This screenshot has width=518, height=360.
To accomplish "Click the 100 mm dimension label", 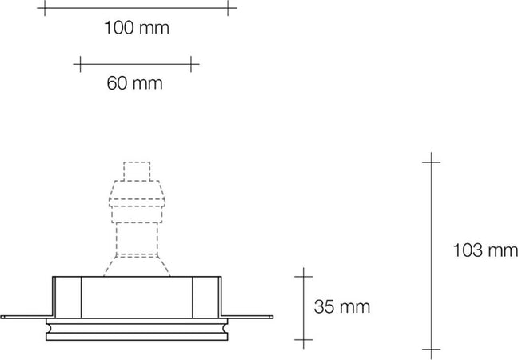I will [x=137, y=29].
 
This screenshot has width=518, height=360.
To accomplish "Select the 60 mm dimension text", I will [x=134, y=82].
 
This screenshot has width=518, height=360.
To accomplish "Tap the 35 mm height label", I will [x=342, y=306].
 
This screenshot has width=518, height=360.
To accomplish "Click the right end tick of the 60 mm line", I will [x=192, y=62].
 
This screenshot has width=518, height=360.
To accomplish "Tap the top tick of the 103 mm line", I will [x=431, y=162].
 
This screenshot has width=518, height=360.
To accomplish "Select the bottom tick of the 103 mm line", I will [x=431, y=350].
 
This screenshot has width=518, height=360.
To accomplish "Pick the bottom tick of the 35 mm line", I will [x=303, y=342].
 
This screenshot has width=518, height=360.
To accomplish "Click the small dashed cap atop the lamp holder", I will [x=137, y=171].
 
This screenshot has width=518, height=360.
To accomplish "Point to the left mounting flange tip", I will [x=5, y=317].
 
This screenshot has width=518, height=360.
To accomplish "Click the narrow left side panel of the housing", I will [x=67, y=296].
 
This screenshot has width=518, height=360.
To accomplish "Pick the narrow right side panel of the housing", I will [x=206, y=296].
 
